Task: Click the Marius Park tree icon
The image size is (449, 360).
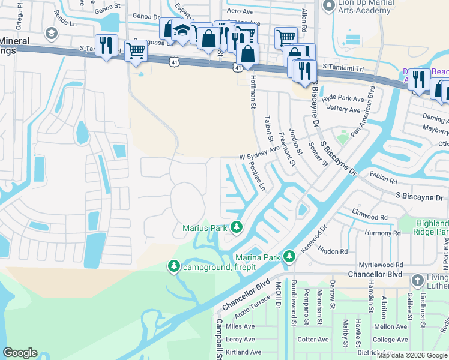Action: click(x=237, y=227)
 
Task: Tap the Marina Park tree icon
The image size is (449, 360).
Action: click(x=289, y=257)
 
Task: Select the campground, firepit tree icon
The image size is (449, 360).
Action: click(x=175, y=266)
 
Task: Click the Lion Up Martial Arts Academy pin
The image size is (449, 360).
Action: click(x=328, y=6)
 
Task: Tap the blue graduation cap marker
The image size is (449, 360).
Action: click(x=181, y=29)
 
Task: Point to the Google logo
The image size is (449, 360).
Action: click(x=20, y=353)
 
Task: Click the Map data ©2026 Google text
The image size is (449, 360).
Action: click(x=412, y=355)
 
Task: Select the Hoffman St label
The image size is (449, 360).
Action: click(x=253, y=88)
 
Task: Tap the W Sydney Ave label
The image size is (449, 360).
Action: click(x=260, y=152)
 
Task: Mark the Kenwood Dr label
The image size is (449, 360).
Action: click(x=315, y=238)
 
